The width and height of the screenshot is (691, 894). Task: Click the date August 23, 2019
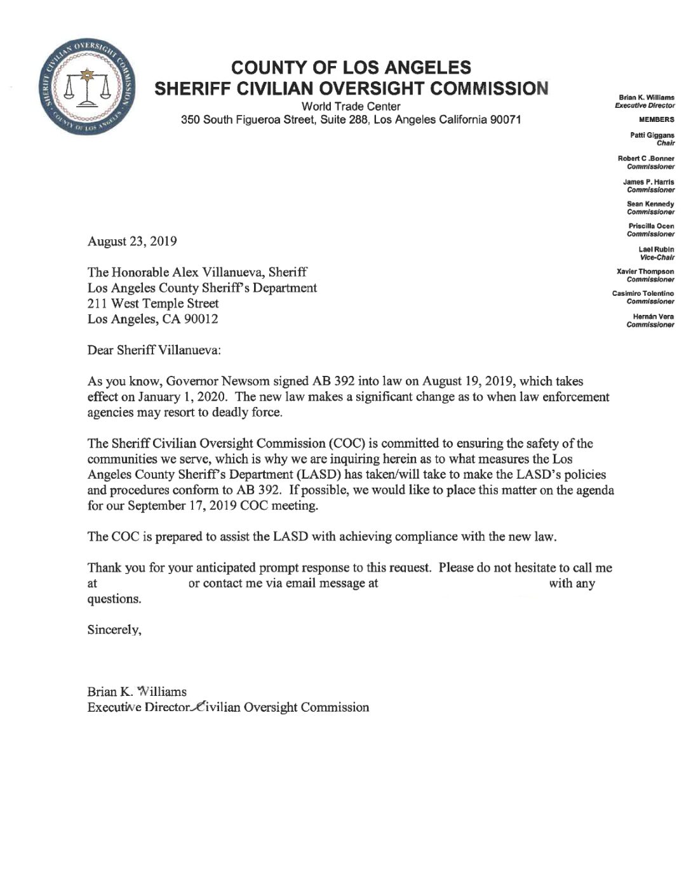(x=132, y=241)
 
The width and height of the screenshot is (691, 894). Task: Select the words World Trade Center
(x=351, y=106)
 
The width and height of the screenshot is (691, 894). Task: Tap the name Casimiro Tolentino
(x=643, y=293)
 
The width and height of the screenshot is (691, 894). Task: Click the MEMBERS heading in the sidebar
(x=657, y=119)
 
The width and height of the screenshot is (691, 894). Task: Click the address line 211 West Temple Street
(x=153, y=304)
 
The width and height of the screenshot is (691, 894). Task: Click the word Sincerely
(x=114, y=630)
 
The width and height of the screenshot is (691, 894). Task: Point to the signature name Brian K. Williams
(x=137, y=691)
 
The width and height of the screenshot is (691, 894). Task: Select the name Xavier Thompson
(x=645, y=272)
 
